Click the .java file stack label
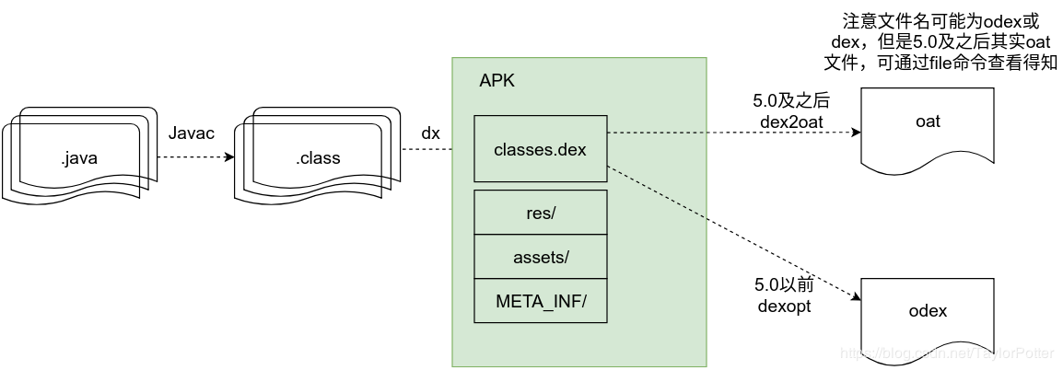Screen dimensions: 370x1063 pyautogui.click(x=78, y=158)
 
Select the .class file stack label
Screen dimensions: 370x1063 pyautogui.click(x=318, y=158)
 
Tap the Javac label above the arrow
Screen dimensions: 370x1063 pyautogui.click(x=192, y=134)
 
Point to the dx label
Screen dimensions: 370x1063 pyautogui.click(x=430, y=133)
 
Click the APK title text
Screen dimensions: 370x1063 pyautogui.click(x=497, y=81)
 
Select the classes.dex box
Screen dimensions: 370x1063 pyautogui.click(x=541, y=148)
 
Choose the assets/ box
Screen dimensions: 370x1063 pyautogui.click(x=541, y=258)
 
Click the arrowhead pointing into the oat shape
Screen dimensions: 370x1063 pyautogui.click(x=856, y=133)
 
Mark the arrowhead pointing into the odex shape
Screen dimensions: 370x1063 pyautogui.click(x=856, y=297)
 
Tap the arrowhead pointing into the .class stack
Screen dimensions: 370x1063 pyautogui.click(x=228, y=157)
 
